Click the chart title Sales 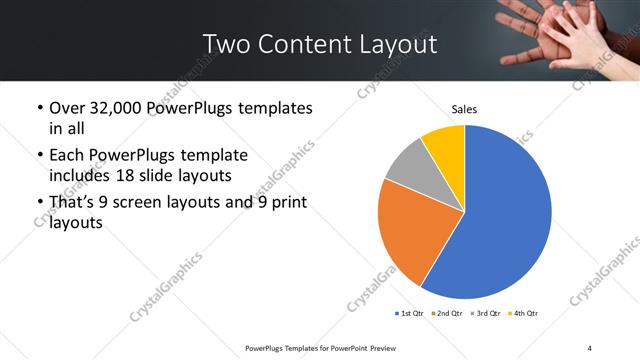pyautogui.click(x=464, y=108)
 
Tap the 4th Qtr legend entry pyautogui.click(x=523, y=314)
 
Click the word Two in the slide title pyautogui.click(x=225, y=44)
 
